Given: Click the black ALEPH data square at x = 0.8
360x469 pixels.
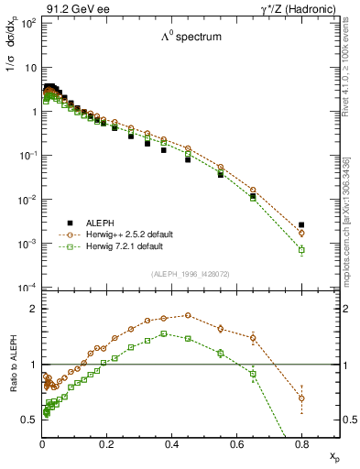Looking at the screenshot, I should pyautogui.click(x=301, y=224).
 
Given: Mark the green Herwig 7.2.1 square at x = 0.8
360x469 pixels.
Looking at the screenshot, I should pyautogui.click(x=301, y=249).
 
